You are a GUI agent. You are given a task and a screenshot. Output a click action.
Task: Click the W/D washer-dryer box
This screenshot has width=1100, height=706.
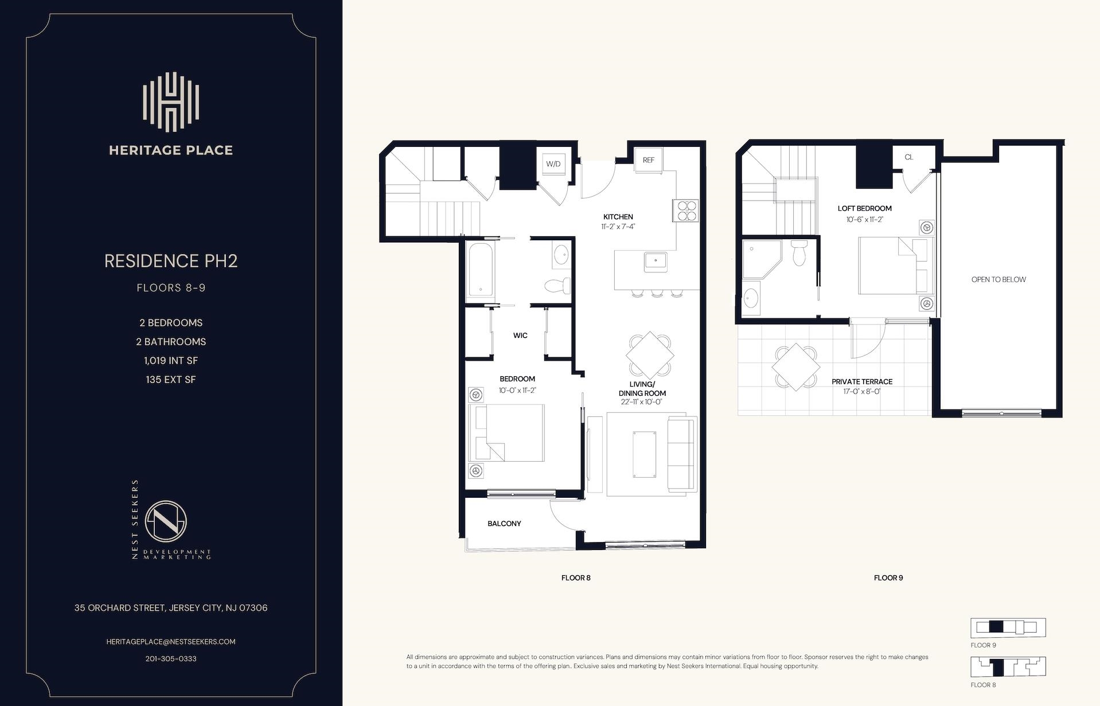(553, 163)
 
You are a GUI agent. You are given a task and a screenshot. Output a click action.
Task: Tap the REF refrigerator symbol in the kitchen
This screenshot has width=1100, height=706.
(648, 160)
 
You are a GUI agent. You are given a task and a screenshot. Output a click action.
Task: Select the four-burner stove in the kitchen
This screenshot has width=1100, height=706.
(686, 210)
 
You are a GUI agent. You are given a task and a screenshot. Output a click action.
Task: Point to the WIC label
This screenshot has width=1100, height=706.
(520, 336)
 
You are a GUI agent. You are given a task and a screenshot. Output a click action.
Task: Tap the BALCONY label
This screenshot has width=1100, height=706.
(504, 524)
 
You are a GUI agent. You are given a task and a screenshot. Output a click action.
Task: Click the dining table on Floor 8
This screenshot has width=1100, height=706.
(649, 355)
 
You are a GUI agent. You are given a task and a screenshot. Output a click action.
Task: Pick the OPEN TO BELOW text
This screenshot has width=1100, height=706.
(998, 280)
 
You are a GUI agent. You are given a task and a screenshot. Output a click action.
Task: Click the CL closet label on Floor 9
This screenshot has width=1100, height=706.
(908, 157)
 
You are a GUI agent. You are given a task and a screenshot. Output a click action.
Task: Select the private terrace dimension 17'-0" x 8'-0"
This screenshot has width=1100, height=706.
(861, 392)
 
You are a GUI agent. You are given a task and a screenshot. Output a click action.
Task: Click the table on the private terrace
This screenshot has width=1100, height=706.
(795, 367)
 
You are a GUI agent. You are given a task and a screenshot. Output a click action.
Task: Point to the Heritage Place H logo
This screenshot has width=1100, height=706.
(171, 101)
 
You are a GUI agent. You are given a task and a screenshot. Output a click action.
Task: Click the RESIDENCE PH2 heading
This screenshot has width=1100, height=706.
(171, 261)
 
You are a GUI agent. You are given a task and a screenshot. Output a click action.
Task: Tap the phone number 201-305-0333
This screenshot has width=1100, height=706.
(171, 658)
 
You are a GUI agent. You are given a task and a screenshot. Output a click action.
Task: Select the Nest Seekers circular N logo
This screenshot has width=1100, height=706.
(166, 521)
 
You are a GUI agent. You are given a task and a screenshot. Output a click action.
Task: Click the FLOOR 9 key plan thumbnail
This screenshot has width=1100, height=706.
(1008, 627)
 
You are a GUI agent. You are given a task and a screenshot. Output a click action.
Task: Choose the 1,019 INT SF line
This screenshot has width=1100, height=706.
(171, 361)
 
